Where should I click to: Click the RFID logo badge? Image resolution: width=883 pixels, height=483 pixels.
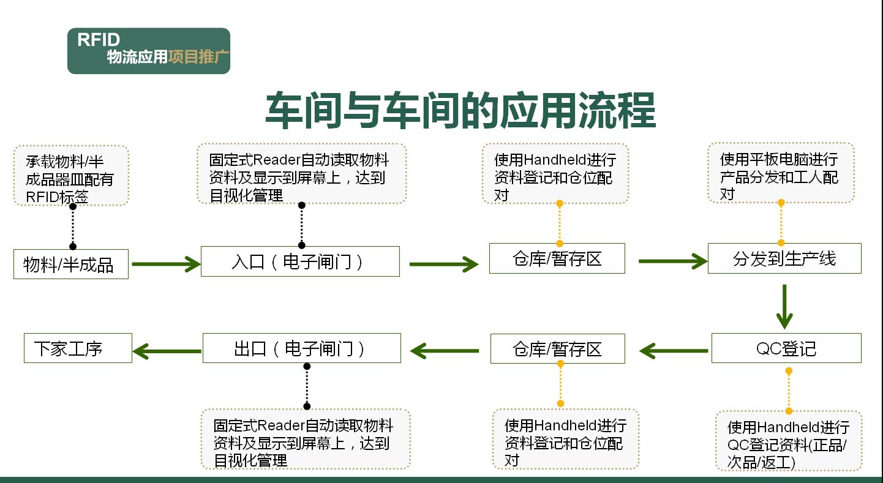click(x=148, y=51)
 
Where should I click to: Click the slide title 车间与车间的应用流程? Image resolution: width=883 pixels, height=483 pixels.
click(x=460, y=110)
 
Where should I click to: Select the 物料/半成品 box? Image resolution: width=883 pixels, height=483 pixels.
click(x=71, y=264)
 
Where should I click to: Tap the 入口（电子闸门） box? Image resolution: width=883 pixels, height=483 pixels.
click(x=300, y=261)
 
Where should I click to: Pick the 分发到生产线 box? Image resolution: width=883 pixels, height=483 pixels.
click(x=784, y=258)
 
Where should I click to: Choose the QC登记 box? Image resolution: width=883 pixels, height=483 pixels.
click(x=786, y=348)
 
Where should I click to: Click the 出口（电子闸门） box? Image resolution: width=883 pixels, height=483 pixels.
click(x=301, y=348)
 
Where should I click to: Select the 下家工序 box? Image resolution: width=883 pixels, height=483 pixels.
click(x=78, y=348)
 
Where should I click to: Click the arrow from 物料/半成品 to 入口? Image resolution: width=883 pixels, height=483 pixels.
click(x=165, y=264)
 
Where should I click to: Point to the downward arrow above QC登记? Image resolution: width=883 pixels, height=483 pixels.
click(x=784, y=307)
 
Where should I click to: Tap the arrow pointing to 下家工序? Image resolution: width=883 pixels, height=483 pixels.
click(x=167, y=351)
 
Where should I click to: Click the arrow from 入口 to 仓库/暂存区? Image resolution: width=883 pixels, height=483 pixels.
click(x=443, y=264)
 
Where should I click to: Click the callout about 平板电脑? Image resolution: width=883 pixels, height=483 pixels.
click(x=780, y=173)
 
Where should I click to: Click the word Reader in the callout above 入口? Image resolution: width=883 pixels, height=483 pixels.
click(x=274, y=160)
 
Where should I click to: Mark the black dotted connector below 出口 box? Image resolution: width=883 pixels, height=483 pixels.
click(x=307, y=386)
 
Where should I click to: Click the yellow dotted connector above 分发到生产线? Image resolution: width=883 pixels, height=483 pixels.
click(x=781, y=223)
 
